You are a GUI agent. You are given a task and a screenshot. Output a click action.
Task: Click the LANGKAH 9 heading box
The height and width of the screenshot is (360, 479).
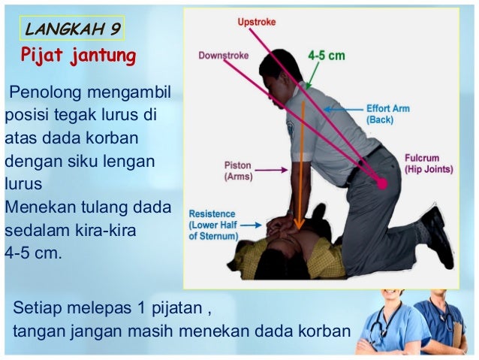(x=72, y=29)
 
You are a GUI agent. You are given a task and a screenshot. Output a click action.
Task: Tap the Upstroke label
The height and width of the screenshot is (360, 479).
(x=256, y=23)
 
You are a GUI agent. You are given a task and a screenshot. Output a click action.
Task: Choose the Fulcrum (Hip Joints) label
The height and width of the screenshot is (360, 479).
(x=429, y=164)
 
